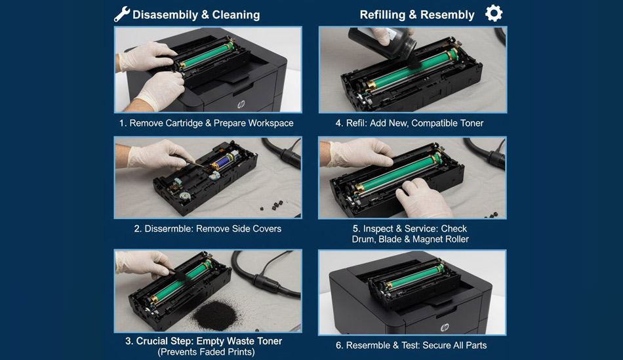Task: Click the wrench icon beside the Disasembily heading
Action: tap(121, 14)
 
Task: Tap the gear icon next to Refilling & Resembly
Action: tap(494, 13)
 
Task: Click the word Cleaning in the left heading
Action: tap(236, 14)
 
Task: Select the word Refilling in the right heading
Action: tap(382, 14)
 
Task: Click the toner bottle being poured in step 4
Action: tap(381, 42)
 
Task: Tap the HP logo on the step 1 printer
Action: tap(241, 104)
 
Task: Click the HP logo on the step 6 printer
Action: tap(445, 327)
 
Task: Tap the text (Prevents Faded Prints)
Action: tap(206, 352)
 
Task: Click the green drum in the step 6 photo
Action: tap(414, 277)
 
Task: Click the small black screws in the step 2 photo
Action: tap(274, 205)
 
